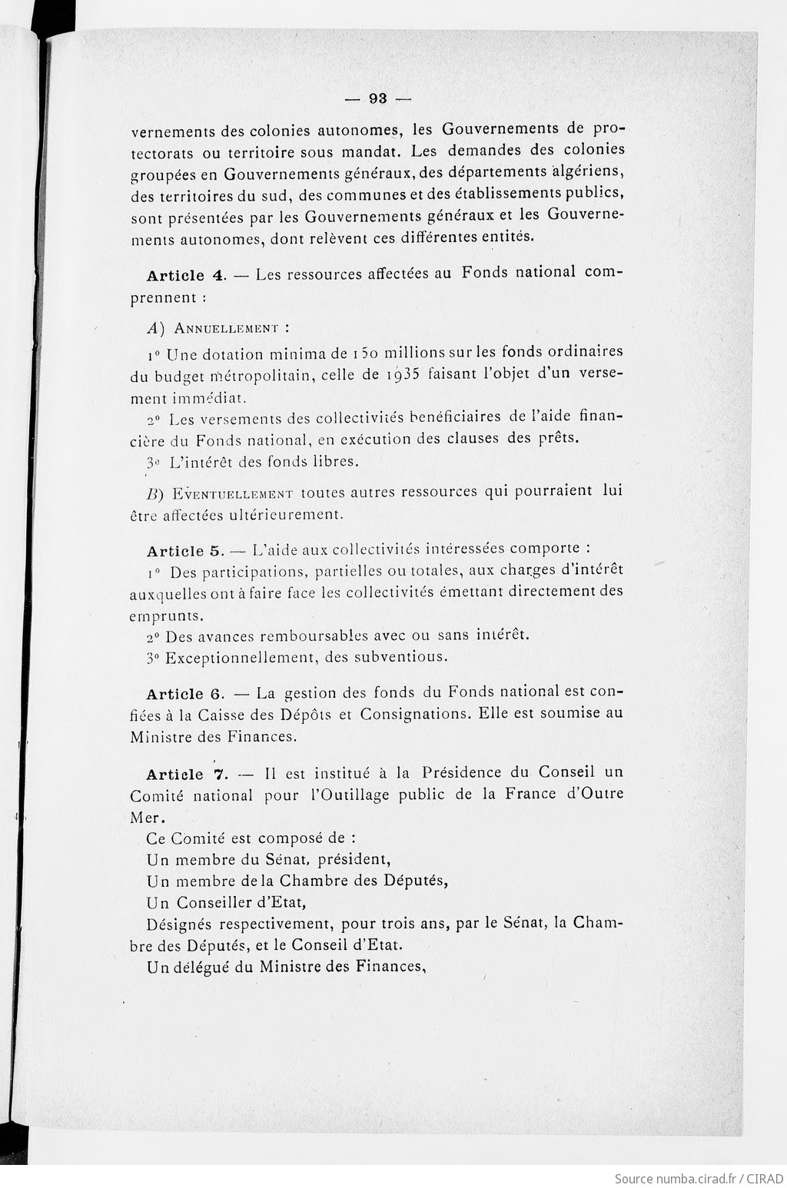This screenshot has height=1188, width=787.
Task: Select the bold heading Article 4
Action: tap(179, 276)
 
